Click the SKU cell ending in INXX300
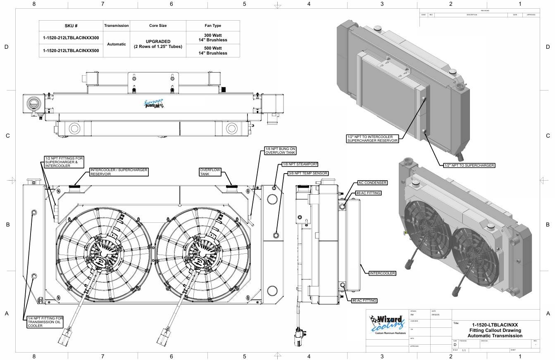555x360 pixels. click(71, 38)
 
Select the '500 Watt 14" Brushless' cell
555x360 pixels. click(213, 50)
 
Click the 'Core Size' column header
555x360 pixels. click(158, 26)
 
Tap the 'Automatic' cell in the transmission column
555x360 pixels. click(116, 44)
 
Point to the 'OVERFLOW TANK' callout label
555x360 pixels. click(210, 172)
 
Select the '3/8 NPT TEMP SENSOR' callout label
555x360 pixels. click(308, 173)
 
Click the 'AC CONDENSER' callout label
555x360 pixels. click(372, 183)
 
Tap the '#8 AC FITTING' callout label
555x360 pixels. click(368, 193)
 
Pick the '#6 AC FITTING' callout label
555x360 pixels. click(364, 300)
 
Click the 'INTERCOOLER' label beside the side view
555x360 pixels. click(382, 273)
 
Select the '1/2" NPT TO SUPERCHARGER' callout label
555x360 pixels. click(469, 165)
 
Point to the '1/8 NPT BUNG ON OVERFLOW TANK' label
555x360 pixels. click(280, 151)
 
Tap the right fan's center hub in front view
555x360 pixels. click(199, 251)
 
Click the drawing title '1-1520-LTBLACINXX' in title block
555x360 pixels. click(495, 325)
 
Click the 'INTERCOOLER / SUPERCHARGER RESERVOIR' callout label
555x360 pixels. click(119, 172)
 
